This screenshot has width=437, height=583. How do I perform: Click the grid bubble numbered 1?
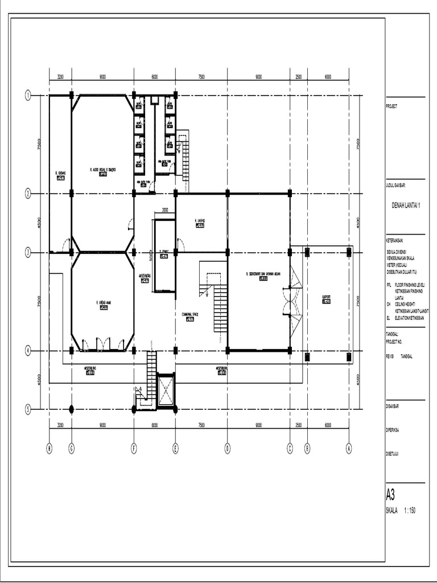tap(27, 96)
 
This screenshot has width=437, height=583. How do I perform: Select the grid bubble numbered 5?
tap(27, 409)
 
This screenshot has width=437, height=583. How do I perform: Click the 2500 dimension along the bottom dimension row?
tap(298, 425)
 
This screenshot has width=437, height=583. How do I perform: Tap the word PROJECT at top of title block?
tap(392, 106)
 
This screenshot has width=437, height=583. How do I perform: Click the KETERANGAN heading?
tap(397, 241)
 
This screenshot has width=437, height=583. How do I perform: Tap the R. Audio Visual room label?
tap(102, 169)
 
